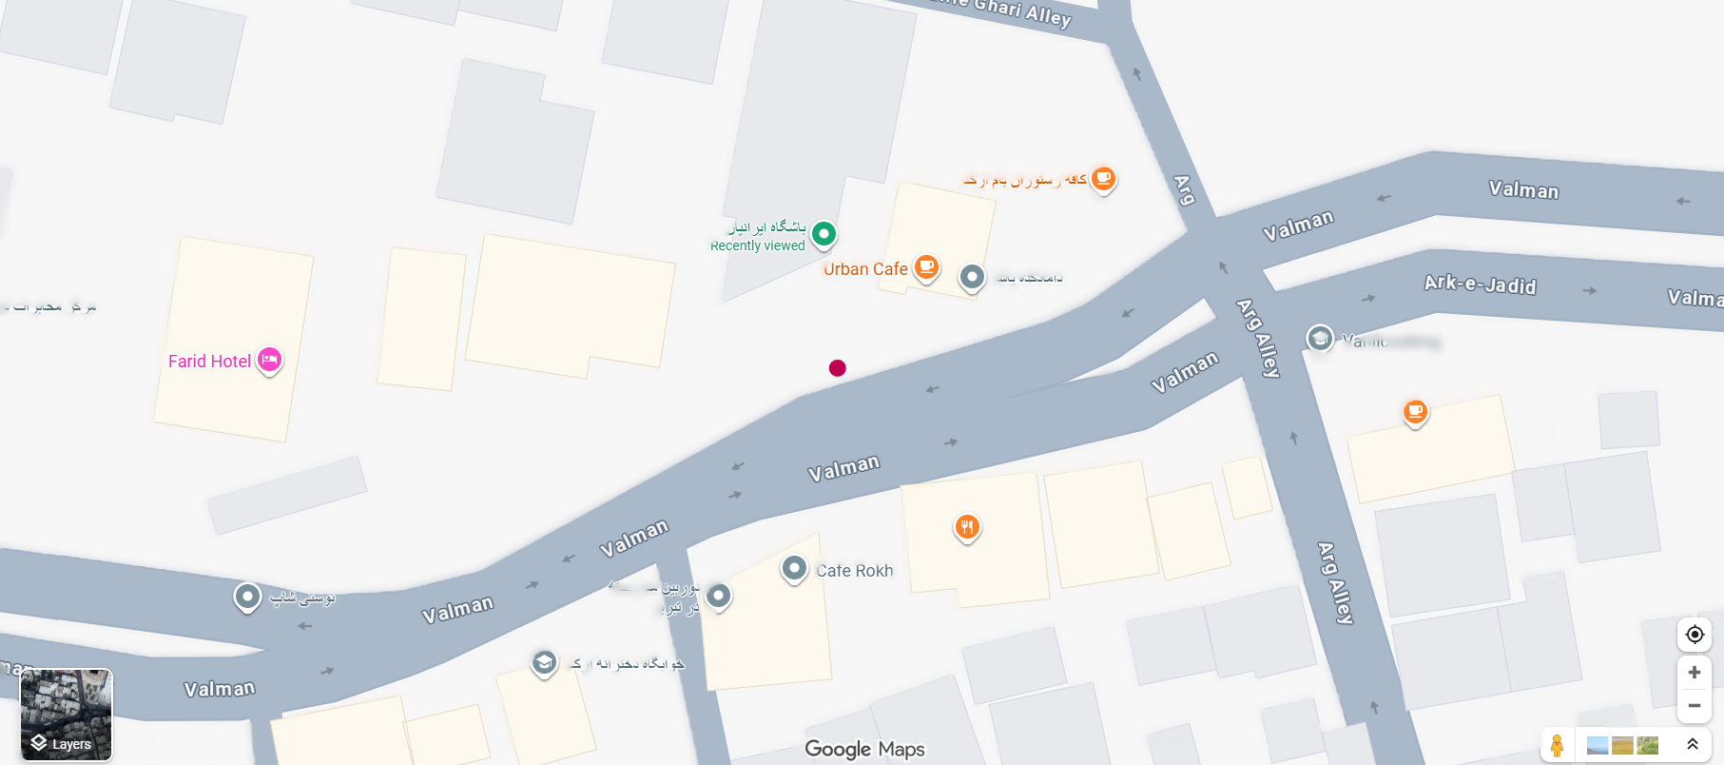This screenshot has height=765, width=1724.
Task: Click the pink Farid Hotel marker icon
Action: pos(270,360)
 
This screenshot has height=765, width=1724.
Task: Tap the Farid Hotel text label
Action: pos(209,362)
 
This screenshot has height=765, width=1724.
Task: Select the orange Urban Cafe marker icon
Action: pos(926,267)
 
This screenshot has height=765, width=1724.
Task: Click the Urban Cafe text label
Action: pos(865,269)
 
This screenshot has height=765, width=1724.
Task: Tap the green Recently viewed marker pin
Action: pos(823,233)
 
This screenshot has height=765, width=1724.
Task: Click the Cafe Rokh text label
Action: pos(854,571)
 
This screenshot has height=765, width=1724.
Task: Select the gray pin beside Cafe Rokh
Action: pos(794,569)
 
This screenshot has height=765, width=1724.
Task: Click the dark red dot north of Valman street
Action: pos(837,368)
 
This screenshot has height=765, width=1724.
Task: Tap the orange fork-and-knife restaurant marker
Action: pos(967,526)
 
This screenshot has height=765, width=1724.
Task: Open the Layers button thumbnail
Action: pos(67,715)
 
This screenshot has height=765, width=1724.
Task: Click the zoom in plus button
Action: pos(1694,673)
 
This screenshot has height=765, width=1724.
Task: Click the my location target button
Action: pos(1694,635)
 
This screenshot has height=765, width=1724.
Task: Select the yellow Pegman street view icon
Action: pos(1557,745)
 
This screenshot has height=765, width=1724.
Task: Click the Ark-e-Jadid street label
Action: pos(1480,284)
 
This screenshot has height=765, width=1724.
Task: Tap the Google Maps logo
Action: pos(864,749)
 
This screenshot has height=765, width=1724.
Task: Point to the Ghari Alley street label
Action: pos(1021,11)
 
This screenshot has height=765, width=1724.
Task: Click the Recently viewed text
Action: pos(758,245)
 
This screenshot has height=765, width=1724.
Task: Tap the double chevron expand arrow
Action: pos(1692,744)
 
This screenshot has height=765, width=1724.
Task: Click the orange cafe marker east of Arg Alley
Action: pos(1415,412)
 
